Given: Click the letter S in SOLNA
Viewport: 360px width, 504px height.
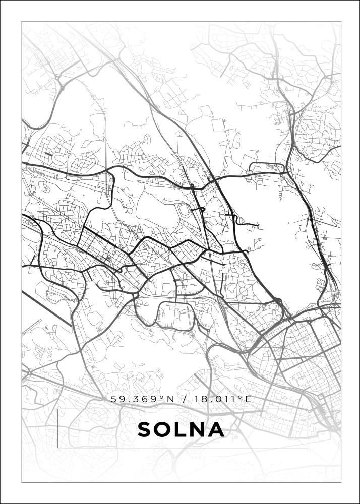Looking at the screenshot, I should [145, 430].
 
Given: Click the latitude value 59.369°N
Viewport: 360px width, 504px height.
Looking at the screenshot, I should [143, 399].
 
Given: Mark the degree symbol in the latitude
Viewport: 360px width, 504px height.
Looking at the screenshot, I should [162, 397].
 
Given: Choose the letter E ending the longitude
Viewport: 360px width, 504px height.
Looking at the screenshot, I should [248, 399].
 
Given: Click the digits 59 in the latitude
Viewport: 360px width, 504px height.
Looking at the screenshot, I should [118, 399].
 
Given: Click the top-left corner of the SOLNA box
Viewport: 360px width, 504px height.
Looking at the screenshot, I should [58, 409].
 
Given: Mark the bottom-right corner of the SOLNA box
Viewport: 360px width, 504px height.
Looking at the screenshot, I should [308, 448].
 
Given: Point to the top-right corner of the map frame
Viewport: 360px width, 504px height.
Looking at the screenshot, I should [341, 21].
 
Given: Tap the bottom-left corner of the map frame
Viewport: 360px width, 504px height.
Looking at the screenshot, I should [22, 482].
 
